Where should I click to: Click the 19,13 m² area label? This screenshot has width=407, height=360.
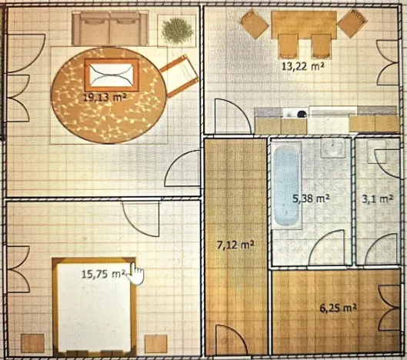[x=105, y=98]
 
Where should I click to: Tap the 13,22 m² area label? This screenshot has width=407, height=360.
[x=303, y=66]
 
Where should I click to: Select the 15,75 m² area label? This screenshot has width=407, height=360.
[x=104, y=274]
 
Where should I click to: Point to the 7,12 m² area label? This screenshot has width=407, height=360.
[x=235, y=245]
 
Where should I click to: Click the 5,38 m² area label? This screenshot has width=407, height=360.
[x=311, y=198]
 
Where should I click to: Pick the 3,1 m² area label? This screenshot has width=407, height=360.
[x=378, y=199]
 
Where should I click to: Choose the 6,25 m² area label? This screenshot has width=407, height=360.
[x=338, y=308]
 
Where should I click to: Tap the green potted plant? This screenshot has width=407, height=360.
[x=177, y=31]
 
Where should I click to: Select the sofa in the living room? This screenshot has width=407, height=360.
[x=110, y=28]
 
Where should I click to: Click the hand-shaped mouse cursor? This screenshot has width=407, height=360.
[x=136, y=274]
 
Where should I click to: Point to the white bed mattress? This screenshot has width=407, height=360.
[x=94, y=307]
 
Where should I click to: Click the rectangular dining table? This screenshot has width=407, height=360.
[x=304, y=23]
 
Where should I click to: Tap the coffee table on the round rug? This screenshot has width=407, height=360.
[x=112, y=75]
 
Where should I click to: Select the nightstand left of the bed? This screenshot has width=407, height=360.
[x=32, y=343]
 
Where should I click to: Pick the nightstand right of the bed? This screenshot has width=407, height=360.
[x=155, y=344]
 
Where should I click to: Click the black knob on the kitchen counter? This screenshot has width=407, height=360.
[x=302, y=114]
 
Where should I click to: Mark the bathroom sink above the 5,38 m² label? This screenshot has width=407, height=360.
[x=333, y=148]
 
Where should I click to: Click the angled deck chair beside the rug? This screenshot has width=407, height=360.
[x=179, y=76]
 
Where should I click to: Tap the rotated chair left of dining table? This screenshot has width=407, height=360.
[x=254, y=24]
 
